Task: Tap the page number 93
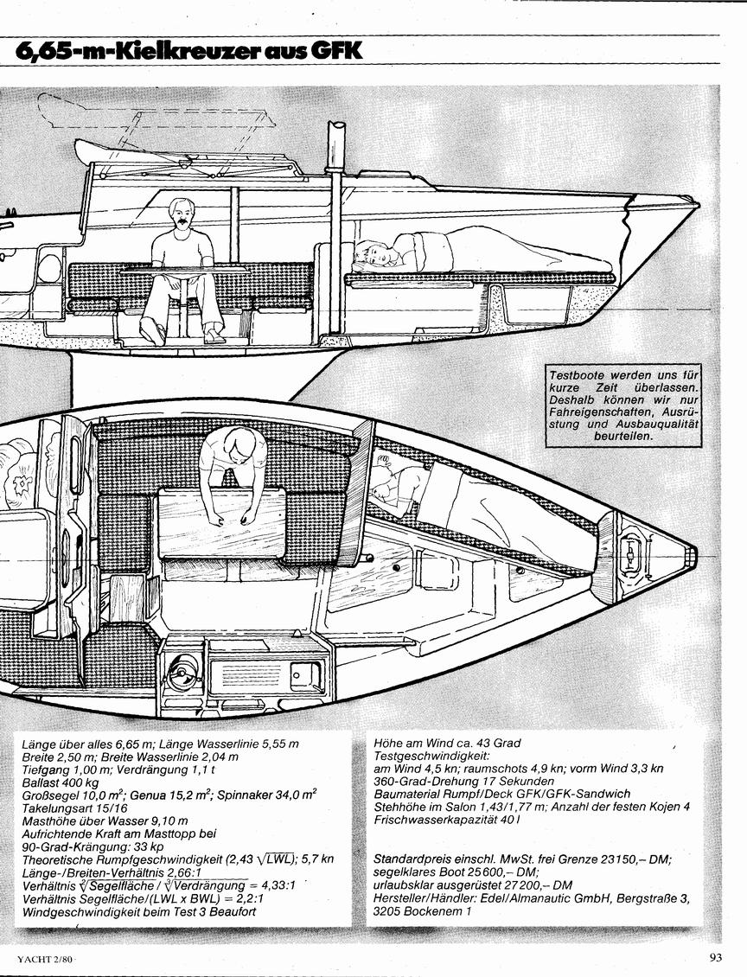715,958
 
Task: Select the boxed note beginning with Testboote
623,405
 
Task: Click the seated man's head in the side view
180,214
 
